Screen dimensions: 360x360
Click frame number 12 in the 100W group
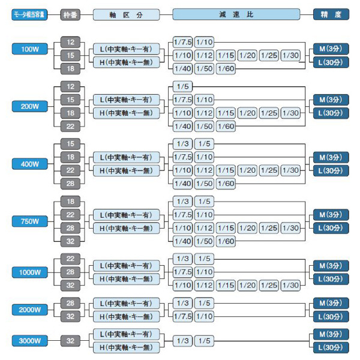click(70, 42)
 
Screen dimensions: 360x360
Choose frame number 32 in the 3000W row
click(70, 340)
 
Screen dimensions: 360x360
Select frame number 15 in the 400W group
click(70, 144)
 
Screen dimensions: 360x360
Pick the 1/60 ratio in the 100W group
click(226, 68)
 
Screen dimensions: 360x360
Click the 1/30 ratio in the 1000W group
click(291, 285)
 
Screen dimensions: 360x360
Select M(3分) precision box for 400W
click(331, 158)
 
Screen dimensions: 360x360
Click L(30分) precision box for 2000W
click(331, 316)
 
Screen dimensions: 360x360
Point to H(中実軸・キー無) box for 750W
click(125, 228)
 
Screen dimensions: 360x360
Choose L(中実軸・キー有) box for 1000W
click(125, 266)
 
